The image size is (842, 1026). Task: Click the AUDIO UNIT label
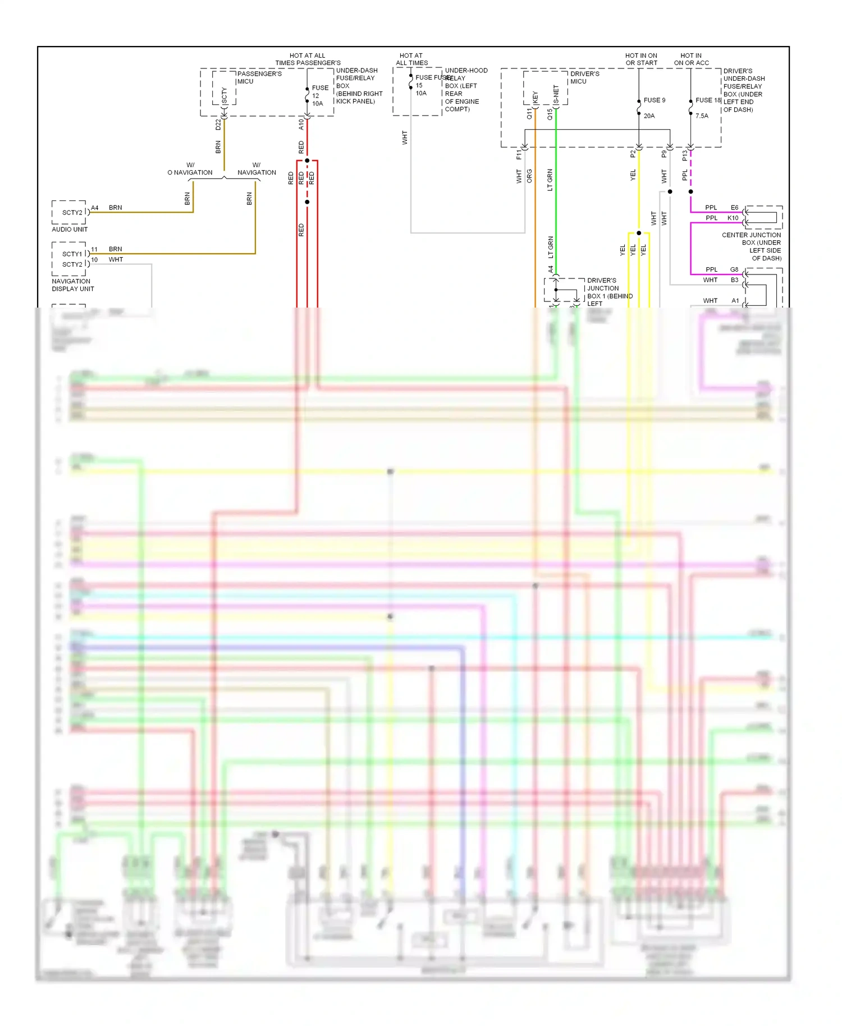click(x=70, y=229)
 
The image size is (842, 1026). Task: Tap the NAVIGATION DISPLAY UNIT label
click(x=72, y=285)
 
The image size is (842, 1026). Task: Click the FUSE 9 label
click(x=654, y=100)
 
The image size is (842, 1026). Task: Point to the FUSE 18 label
click(x=708, y=100)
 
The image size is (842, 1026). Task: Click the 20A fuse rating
click(x=649, y=116)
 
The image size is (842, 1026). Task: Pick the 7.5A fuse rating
click(x=702, y=116)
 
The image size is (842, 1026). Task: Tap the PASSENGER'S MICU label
click(x=259, y=77)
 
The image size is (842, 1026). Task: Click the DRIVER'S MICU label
click(x=584, y=77)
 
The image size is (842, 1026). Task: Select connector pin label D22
click(x=218, y=125)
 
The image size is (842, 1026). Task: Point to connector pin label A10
click(x=301, y=125)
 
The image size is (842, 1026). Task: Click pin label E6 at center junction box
click(x=734, y=208)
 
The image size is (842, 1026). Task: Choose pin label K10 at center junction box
click(x=733, y=218)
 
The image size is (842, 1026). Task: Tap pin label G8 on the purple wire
click(x=734, y=269)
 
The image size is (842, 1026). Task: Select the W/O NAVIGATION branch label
click(x=190, y=169)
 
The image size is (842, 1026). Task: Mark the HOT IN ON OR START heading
click(x=641, y=59)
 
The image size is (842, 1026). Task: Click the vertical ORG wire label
click(x=529, y=176)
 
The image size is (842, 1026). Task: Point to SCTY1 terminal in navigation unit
click(x=72, y=254)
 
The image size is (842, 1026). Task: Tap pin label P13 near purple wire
click(x=684, y=156)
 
